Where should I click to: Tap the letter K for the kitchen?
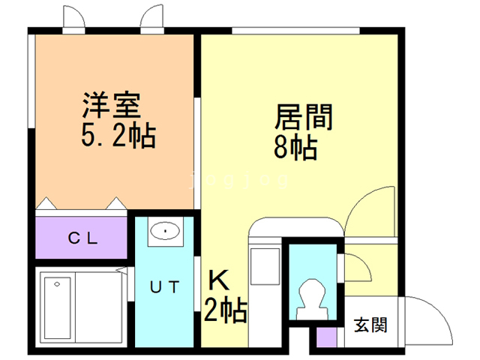coord(218,280)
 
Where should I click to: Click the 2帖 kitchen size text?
coord(226,308)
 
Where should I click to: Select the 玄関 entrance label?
coord(370,325)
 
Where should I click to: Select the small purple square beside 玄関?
coord(326,337)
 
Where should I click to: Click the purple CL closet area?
coord(81,239)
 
